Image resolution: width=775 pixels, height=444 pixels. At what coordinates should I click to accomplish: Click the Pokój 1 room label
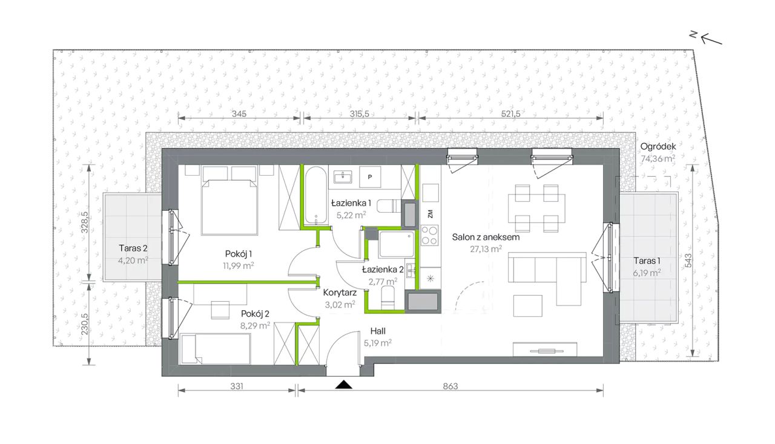click(239, 254)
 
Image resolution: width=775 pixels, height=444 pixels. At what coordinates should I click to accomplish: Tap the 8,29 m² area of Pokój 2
click(255, 326)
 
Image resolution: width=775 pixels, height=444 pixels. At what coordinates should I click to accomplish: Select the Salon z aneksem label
click(486, 237)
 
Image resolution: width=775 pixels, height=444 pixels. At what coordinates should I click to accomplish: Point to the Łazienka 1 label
click(351, 202)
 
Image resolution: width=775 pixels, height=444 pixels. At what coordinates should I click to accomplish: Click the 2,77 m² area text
click(383, 281)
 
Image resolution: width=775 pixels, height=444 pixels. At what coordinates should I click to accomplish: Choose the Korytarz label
click(340, 293)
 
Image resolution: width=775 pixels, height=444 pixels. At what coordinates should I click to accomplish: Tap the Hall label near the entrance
click(378, 331)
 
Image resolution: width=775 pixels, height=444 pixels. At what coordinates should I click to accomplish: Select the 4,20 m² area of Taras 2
click(133, 260)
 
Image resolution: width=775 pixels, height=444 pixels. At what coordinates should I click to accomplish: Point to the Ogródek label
click(658, 147)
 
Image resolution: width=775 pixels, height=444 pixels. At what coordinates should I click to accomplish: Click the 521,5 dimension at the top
click(510, 113)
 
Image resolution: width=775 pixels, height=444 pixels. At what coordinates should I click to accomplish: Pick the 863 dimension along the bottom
click(450, 386)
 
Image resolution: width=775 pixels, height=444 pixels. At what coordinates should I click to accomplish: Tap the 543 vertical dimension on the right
click(688, 260)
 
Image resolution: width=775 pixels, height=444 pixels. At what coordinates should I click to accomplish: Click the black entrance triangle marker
click(343, 385)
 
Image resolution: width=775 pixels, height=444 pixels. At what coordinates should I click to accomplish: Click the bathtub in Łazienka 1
click(315, 196)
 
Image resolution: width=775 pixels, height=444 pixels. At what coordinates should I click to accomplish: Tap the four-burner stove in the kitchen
click(430, 235)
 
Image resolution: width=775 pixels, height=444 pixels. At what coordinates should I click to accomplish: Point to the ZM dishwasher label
click(430, 214)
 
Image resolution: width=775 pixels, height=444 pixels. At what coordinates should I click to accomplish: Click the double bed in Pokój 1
click(229, 200)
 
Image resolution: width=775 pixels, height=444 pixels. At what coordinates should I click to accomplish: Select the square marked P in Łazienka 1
click(370, 177)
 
